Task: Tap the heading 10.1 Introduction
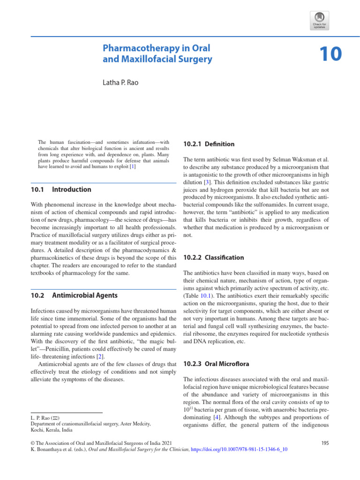(61, 190)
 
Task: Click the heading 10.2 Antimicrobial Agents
(74, 295)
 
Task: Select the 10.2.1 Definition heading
(209, 144)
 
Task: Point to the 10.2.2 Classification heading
(213, 257)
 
